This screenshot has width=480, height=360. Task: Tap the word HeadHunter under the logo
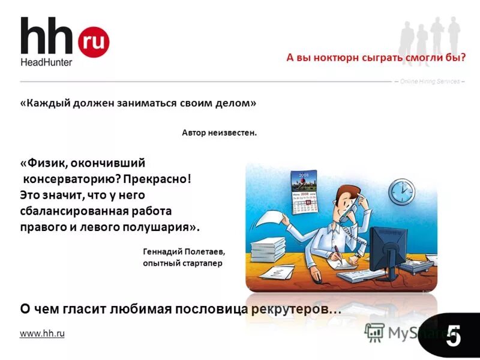point(46,62)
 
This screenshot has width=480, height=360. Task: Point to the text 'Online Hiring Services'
point(430,81)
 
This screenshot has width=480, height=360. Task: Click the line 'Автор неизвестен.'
point(219,133)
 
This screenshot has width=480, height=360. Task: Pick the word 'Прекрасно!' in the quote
point(161,179)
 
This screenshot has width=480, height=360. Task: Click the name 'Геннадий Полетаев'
point(184,252)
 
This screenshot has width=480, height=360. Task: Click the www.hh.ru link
point(42,334)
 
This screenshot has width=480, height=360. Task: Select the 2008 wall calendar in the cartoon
point(304,191)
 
